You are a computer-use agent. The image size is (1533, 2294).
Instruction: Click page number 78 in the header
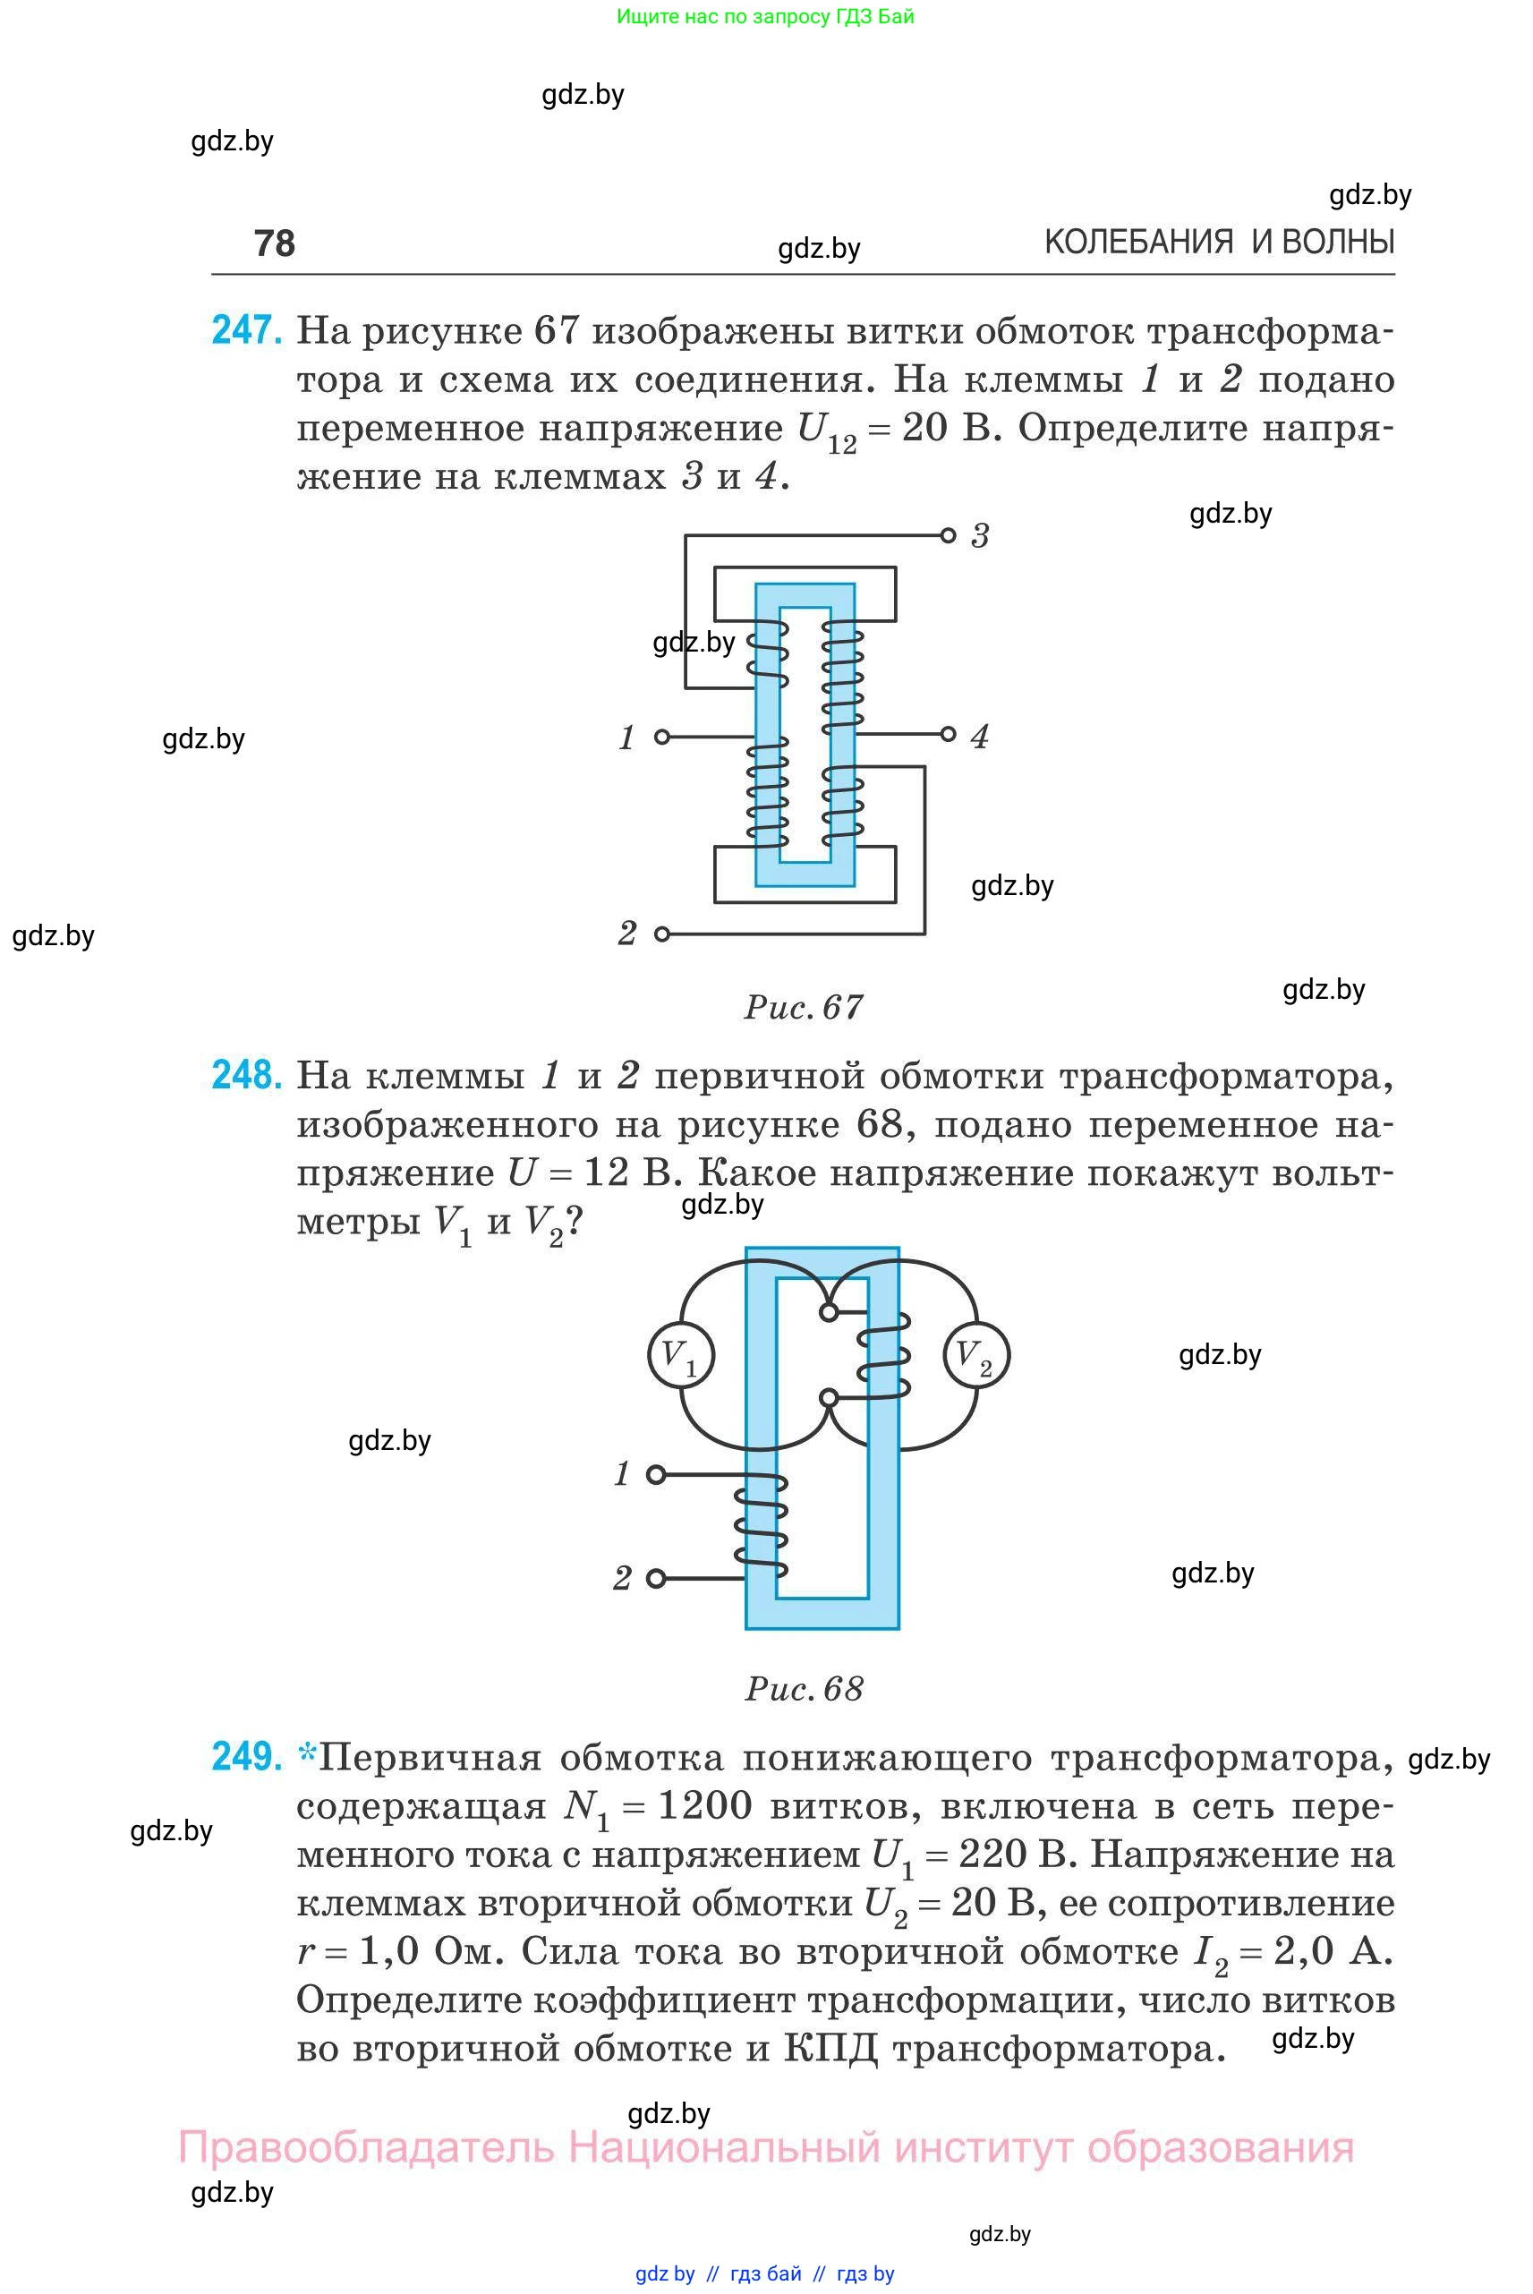click(x=274, y=243)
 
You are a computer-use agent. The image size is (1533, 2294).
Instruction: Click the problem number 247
click(x=246, y=330)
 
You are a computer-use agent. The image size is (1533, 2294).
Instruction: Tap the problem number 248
click(x=246, y=1075)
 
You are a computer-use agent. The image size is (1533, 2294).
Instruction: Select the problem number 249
click(x=246, y=1756)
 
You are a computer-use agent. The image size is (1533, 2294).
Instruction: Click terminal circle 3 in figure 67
click(x=948, y=535)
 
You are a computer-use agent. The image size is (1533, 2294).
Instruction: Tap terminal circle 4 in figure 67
click(x=948, y=734)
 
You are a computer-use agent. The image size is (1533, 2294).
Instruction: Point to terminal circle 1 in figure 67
click(x=662, y=737)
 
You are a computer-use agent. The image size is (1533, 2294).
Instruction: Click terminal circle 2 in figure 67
click(x=662, y=934)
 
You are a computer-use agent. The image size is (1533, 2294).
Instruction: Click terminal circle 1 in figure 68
click(x=656, y=1474)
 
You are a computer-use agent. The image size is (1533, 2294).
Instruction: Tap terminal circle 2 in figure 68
click(x=656, y=1578)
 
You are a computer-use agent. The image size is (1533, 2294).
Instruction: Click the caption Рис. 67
click(x=804, y=1007)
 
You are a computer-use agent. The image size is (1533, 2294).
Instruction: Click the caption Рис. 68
click(x=804, y=1689)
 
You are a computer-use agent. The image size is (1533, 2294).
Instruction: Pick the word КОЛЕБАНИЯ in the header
click(x=1139, y=242)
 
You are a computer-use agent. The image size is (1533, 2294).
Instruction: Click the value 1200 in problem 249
click(x=705, y=1805)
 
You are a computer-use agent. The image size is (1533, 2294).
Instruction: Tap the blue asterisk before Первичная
click(x=307, y=1755)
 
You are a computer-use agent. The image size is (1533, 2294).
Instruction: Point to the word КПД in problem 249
click(x=830, y=2049)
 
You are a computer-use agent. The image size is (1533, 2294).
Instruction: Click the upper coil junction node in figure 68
click(x=829, y=1312)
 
